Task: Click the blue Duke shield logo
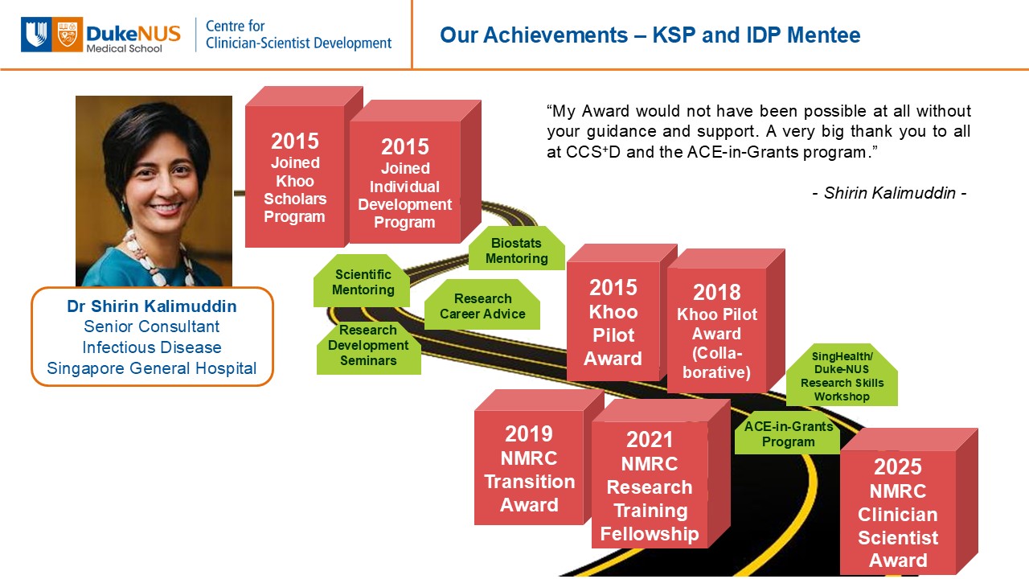tap(36, 35)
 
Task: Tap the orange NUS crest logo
tap(68, 35)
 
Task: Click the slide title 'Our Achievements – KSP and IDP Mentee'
tap(650, 35)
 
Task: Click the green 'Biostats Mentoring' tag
tap(517, 248)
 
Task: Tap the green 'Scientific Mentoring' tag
tap(362, 281)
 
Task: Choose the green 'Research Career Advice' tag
tap(482, 304)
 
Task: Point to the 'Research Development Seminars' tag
tap(368, 347)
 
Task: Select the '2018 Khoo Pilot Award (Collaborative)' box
tap(726, 321)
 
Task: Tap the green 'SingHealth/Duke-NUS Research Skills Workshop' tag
tap(842, 375)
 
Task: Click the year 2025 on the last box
tap(898, 467)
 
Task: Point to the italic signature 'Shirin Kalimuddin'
tap(890, 193)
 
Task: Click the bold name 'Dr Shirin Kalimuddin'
tap(152, 306)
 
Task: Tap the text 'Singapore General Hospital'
tap(152, 368)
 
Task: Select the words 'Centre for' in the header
tap(236, 27)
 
